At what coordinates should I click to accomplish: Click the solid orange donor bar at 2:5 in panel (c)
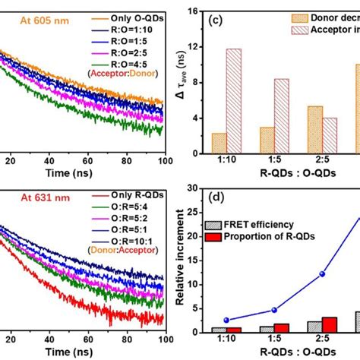pos(294,129)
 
